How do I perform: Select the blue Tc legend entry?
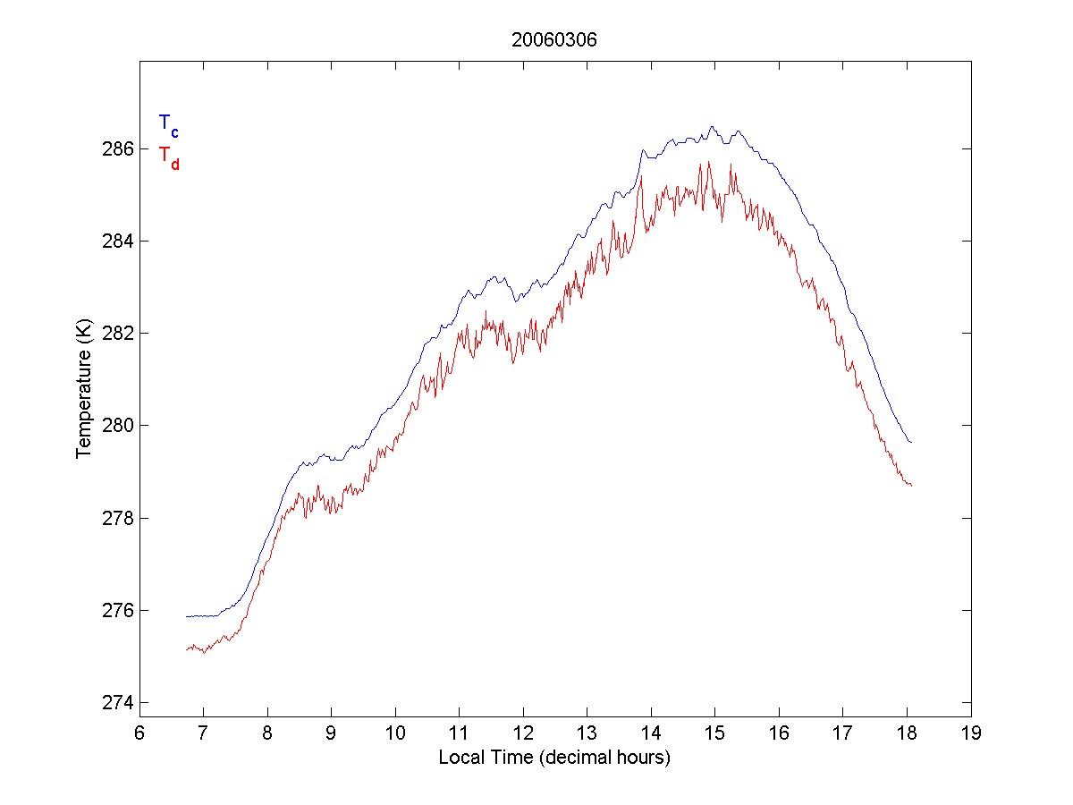(168, 124)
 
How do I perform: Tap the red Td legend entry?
(168, 156)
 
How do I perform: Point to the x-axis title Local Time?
(554, 758)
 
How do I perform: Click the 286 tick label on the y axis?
(118, 148)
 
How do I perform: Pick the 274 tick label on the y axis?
(118, 703)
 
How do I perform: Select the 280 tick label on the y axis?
(118, 426)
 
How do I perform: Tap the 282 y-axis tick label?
(118, 334)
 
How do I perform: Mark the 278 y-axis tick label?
(118, 519)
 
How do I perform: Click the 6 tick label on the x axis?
(139, 733)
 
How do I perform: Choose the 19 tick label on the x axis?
(971, 733)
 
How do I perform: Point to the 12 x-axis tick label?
(523, 733)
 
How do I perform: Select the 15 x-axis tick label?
(714, 733)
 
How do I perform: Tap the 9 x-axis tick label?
(331, 733)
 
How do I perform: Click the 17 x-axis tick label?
(842, 733)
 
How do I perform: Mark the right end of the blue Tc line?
(910, 442)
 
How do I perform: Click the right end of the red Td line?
(910, 485)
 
